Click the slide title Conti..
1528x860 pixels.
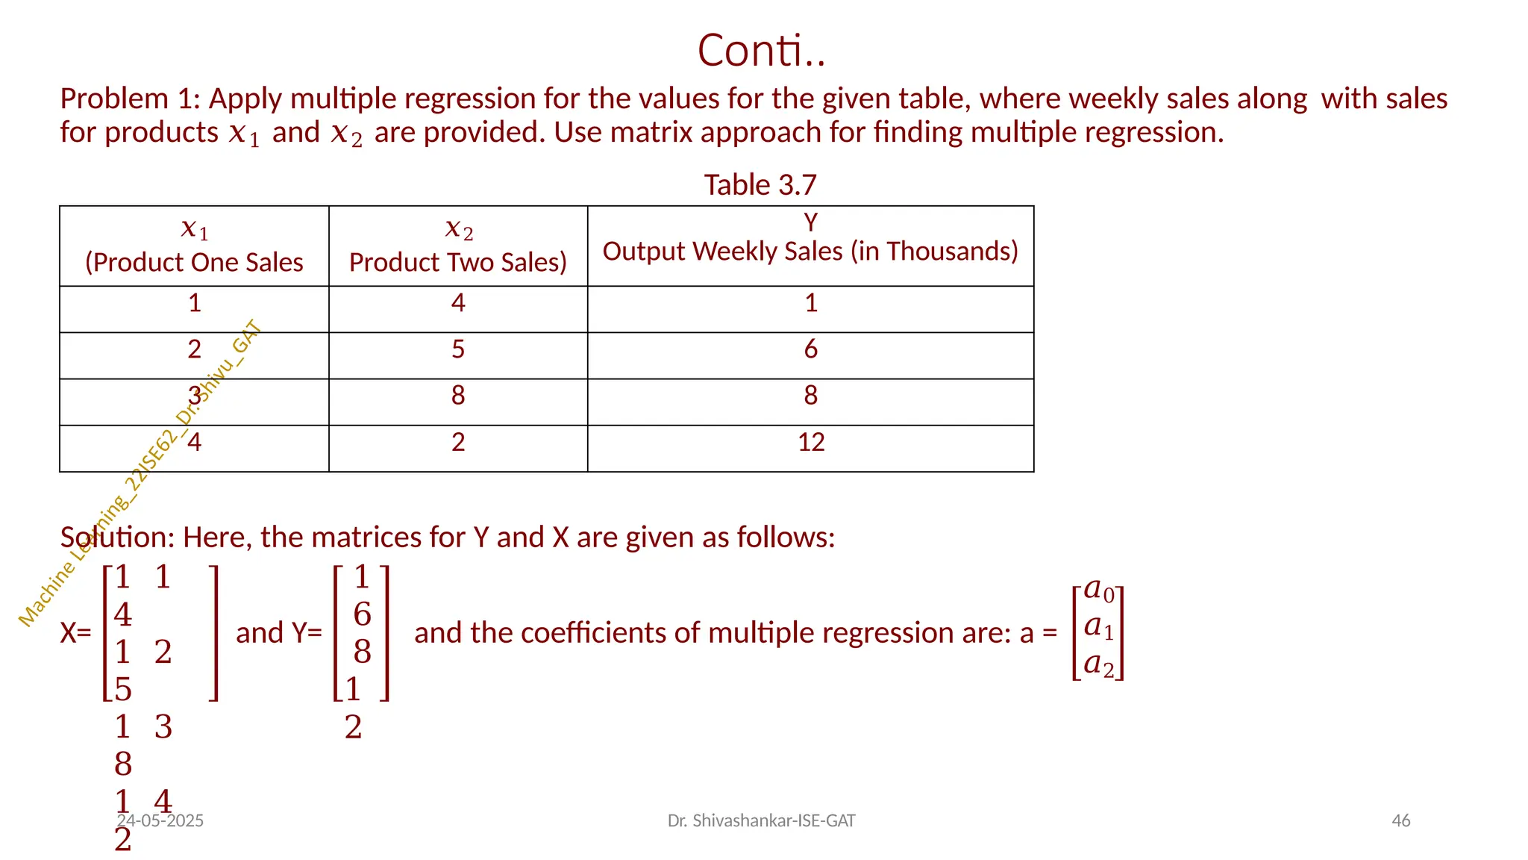pyautogui.click(x=761, y=51)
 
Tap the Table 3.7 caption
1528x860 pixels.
pyautogui.click(x=760, y=185)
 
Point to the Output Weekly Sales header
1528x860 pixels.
pyautogui.click(x=810, y=251)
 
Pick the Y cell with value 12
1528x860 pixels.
pyautogui.click(x=811, y=442)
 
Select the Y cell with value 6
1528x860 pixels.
pyautogui.click(x=811, y=349)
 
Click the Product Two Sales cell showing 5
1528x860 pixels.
pyautogui.click(x=458, y=349)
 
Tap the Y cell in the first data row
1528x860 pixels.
pyautogui.click(x=811, y=302)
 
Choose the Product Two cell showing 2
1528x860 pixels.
pyautogui.click(x=458, y=442)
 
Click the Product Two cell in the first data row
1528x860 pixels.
pyautogui.click(x=458, y=302)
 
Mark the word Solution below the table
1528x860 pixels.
pyautogui.click(x=116, y=537)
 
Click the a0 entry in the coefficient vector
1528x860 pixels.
pyautogui.click(x=1098, y=590)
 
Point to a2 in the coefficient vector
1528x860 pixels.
pyautogui.click(x=1098, y=664)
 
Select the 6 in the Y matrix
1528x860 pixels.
pyautogui.click(x=362, y=614)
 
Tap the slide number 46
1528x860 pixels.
pyautogui.click(x=1401, y=821)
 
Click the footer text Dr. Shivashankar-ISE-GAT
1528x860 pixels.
pyautogui.click(x=761, y=821)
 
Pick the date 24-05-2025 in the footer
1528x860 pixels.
pyautogui.click(x=160, y=821)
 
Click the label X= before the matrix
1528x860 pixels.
pyautogui.click(x=75, y=633)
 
